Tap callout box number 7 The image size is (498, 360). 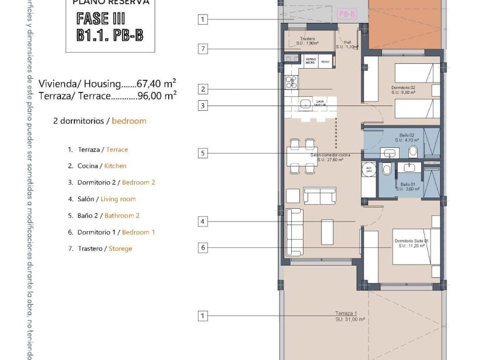pyautogui.click(x=203, y=49)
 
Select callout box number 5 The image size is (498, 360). pyautogui.click(x=203, y=154)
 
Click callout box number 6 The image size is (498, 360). pyautogui.click(x=203, y=247)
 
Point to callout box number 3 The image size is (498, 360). pyautogui.click(x=203, y=106)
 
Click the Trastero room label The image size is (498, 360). pyautogui.click(x=308, y=41)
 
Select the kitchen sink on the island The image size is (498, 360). pyautogui.click(x=306, y=104)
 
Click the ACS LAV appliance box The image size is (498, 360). pyautogui.click(x=369, y=169)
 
